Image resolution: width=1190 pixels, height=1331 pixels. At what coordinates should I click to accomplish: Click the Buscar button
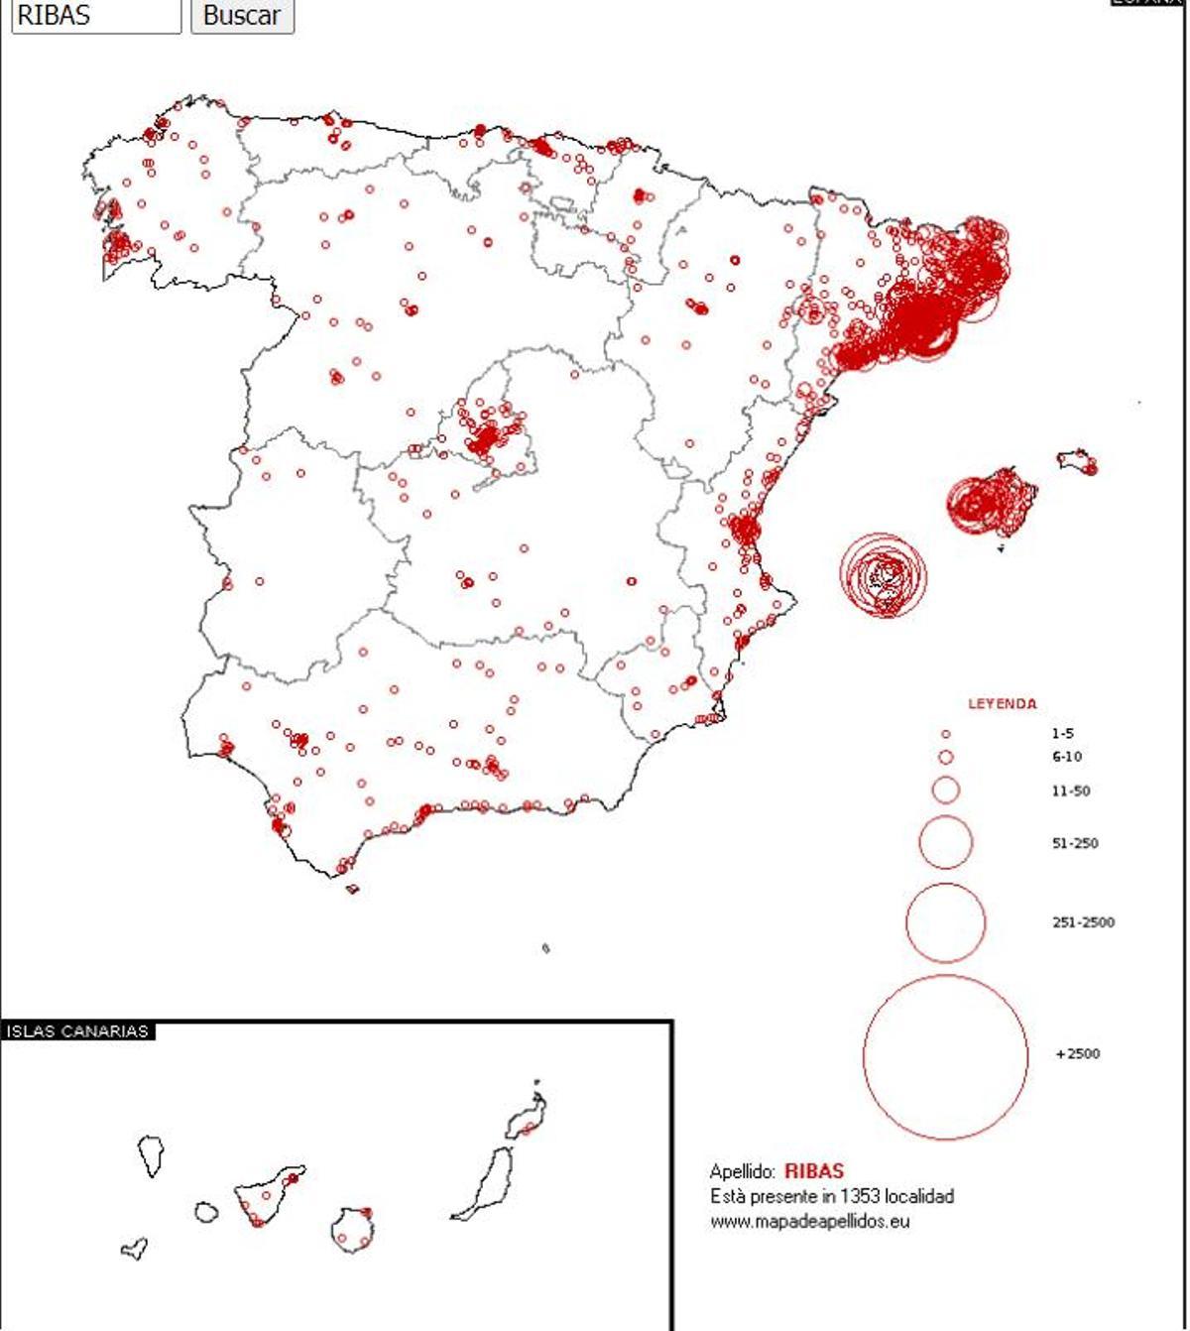tap(242, 15)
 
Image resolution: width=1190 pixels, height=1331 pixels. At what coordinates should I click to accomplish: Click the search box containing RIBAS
tap(96, 15)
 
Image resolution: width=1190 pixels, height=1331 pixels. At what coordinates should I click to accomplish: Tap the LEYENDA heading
tap(1002, 703)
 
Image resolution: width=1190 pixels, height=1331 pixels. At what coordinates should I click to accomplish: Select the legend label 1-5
tap(1062, 734)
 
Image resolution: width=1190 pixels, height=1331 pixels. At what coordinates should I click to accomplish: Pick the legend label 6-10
tap(1066, 757)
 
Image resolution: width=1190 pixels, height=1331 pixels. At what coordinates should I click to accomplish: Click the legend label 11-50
tap(1070, 790)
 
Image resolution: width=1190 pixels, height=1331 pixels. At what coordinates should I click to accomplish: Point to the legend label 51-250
tap(1074, 843)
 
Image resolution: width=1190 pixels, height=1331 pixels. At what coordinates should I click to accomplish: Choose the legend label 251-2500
tap(1082, 922)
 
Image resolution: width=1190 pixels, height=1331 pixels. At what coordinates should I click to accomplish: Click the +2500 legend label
tap(1078, 1053)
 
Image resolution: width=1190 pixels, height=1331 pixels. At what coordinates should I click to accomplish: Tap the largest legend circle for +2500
tap(945, 1056)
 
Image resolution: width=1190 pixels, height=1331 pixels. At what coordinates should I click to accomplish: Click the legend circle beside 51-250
tap(945, 842)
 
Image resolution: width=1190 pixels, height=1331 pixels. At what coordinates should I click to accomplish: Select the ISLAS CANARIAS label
tap(77, 1030)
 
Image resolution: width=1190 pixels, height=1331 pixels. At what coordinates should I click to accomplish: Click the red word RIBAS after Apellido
tap(813, 1171)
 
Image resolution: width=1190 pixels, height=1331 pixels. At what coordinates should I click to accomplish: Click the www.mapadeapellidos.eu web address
tap(809, 1221)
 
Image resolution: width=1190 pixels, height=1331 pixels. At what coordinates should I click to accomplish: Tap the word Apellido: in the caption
tap(742, 1171)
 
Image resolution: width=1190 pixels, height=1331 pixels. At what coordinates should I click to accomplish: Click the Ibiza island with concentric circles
tap(883, 575)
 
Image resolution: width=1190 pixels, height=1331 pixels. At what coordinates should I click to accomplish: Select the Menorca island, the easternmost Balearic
tap(1078, 462)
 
